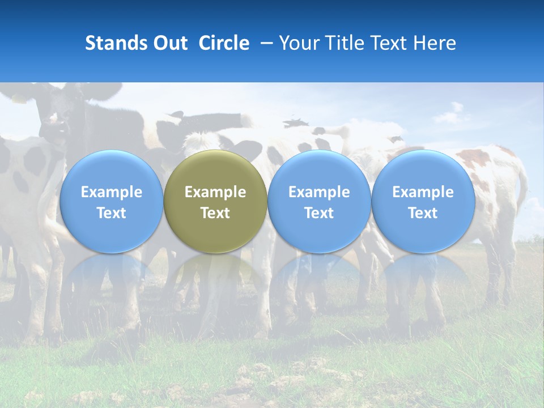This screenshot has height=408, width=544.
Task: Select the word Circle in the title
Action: coord(224,43)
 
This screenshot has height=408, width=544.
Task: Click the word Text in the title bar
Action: coord(391,43)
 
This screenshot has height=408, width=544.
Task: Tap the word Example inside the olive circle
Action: coord(215,192)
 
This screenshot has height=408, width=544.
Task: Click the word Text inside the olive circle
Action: coord(215,213)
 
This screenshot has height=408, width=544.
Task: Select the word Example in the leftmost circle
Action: coord(111,192)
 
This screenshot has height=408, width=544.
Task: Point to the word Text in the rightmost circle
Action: coord(423,213)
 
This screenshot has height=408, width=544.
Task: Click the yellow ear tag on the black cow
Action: coord(19,99)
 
